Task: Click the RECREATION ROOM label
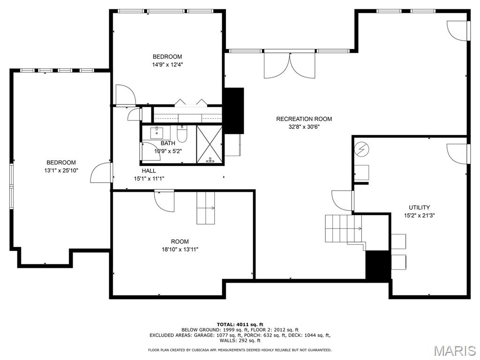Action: point(304,119)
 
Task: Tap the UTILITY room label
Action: point(419,207)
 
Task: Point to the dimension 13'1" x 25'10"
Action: point(61,171)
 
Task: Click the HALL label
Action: point(149,171)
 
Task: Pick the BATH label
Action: point(168,143)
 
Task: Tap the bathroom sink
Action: point(157,133)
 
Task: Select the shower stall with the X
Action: point(210,144)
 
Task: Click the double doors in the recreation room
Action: point(289,65)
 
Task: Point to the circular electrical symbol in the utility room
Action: point(362,149)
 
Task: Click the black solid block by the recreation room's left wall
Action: point(234,111)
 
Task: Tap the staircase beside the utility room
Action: point(344,229)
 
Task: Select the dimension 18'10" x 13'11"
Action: point(180,249)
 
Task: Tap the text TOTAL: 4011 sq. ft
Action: point(240,324)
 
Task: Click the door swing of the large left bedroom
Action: point(100,173)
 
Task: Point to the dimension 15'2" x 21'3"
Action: point(419,216)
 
